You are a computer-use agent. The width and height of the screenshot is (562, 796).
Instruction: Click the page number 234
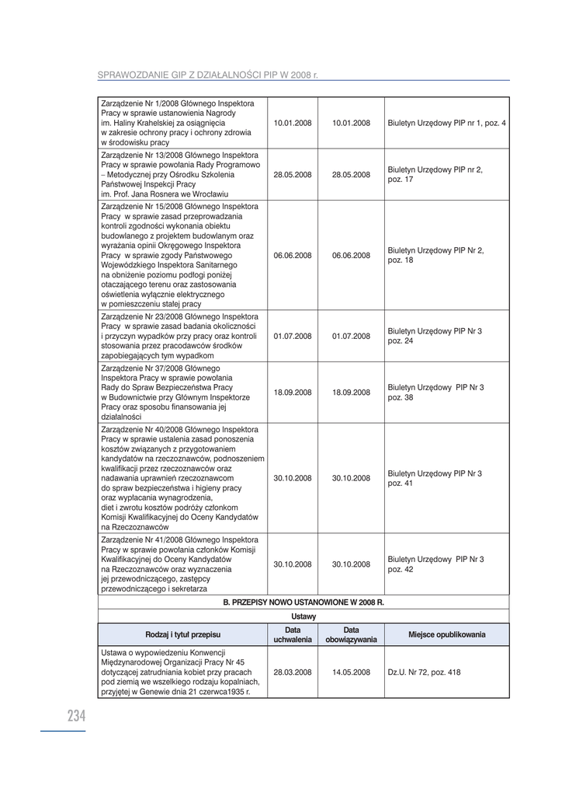(x=76, y=717)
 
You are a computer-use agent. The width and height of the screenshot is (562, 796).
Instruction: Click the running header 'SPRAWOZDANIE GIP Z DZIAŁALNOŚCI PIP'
(x=208, y=75)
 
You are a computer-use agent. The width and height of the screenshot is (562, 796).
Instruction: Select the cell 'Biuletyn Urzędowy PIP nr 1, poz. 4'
(x=446, y=124)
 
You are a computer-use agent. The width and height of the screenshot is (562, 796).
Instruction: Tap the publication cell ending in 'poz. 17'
(x=435, y=175)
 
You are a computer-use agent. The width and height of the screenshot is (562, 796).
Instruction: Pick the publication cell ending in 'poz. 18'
(x=435, y=256)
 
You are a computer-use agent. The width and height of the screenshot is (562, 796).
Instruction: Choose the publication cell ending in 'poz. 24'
(x=435, y=337)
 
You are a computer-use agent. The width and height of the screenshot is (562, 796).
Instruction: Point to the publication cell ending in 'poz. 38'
(x=435, y=393)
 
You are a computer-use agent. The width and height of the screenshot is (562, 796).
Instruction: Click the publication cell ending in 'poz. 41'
(x=435, y=479)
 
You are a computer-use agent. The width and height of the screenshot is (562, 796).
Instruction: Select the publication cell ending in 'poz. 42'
(x=435, y=564)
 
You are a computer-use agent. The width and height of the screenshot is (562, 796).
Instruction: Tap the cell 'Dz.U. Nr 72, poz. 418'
(x=424, y=672)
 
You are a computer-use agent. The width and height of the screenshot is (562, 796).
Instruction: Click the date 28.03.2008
(x=293, y=672)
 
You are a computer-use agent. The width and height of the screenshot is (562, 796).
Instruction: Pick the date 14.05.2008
(x=351, y=672)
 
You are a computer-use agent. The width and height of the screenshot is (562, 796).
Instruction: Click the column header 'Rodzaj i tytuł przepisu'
(x=183, y=635)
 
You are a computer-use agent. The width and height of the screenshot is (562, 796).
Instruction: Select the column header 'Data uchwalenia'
(x=293, y=635)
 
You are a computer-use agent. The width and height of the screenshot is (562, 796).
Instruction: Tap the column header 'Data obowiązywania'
(x=351, y=635)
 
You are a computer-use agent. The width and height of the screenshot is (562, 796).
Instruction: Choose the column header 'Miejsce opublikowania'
(x=446, y=635)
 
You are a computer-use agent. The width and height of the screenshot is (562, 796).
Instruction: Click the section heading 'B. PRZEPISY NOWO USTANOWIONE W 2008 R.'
(x=304, y=602)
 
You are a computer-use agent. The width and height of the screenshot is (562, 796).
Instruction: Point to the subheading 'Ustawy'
(x=304, y=616)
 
